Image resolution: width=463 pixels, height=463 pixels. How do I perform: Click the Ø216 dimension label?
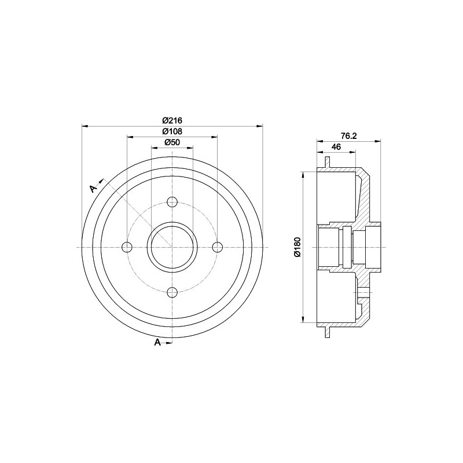[x=172, y=120]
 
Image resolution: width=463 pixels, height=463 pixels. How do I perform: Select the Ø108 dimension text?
[x=172, y=131]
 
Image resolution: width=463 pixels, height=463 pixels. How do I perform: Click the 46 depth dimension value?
[x=335, y=148]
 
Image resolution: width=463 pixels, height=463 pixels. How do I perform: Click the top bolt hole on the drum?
[x=172, y=202]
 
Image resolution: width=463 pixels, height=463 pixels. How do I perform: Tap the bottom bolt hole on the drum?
[x=172, y=292]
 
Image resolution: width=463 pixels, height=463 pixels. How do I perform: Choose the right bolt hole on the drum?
[x=217, y=248]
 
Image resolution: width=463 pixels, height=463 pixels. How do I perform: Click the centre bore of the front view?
[x=172, y=248]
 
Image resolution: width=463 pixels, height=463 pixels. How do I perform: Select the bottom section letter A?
[x=157, y=343]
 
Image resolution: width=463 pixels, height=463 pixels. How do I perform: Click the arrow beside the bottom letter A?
[x=168, y=343]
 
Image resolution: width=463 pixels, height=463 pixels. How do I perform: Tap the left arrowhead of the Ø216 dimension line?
[x=86, y=126]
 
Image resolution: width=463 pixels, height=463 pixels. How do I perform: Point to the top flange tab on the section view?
[x=328, y=165]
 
